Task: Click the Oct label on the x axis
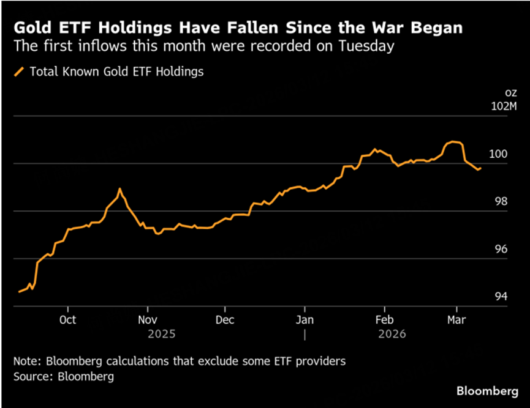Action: [68, 319]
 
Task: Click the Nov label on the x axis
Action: [147, 319]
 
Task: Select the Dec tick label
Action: [225, 319]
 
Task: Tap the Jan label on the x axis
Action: [305, 319]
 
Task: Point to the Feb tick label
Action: [384, 319]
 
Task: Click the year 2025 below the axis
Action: [162, 334]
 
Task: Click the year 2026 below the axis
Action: [392, 334]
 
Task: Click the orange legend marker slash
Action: [18, 72]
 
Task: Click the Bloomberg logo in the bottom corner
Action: [487, 390]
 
